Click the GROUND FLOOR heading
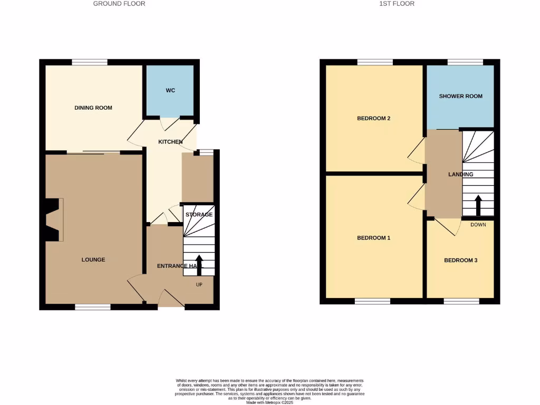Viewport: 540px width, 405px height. point(119,4)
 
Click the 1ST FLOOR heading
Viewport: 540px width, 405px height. point(397,4)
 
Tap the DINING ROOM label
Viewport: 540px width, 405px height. point(93,108)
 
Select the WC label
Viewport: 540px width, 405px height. point(170,91)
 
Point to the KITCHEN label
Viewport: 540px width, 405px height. point(171,142)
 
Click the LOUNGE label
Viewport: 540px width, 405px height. point(93,259)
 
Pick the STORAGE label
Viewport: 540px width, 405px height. point(199,215)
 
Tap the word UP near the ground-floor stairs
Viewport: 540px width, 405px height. point(199,285)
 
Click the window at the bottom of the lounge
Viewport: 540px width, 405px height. point(93,307)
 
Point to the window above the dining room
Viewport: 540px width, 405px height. point(90,62)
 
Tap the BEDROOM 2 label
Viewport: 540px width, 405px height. point(374,118)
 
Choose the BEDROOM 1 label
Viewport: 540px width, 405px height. point(374,238)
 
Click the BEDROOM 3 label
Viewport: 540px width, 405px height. point(461,260)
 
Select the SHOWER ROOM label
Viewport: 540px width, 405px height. point(461,96)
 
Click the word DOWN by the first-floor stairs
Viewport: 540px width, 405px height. point(478,225)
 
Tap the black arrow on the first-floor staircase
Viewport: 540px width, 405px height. point(478,205)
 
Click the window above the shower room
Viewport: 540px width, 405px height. point(465,62)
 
